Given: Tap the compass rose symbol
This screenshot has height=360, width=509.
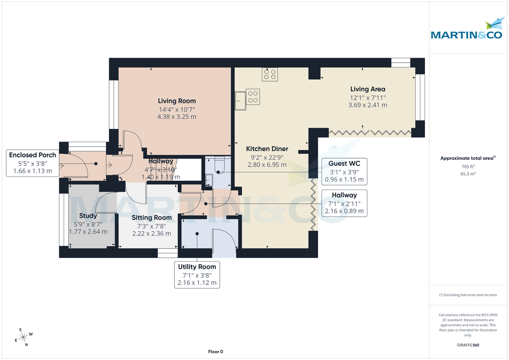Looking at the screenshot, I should tap(23, 337).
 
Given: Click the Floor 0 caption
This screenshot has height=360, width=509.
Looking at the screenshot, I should tap(215, 352).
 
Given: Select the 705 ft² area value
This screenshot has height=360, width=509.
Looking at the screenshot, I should tap(468, 167).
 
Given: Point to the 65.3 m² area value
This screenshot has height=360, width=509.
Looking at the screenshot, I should tap(468, 174).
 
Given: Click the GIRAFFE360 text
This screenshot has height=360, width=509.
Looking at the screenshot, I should tap(468, 345).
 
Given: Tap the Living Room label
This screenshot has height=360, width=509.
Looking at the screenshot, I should tap(177, 101).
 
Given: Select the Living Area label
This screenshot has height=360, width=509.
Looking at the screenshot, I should tap(367, 89).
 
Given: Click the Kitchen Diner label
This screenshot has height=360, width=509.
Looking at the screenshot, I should tap(267, 149).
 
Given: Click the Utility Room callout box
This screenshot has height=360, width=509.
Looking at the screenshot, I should tap(197, 274).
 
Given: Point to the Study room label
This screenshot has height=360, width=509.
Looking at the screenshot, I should tap(88, 216).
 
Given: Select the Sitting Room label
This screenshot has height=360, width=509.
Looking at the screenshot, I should tap(151, 218).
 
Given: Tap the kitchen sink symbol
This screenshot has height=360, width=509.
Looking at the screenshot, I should tap(241, 100).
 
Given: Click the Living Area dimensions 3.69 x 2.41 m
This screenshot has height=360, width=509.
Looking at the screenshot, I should tap(367, 105).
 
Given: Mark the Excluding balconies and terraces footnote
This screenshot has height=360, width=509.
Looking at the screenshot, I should tap(468, 295).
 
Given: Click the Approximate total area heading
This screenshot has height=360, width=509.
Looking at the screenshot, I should tap(468, 158).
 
